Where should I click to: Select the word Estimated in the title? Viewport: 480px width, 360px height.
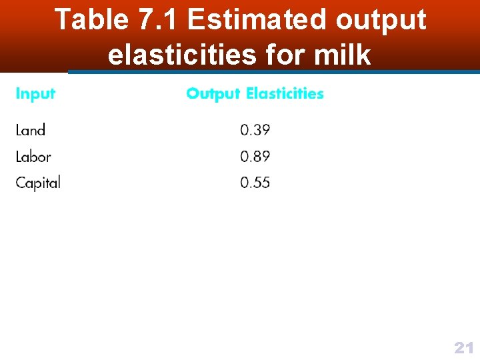(x=258, y=20)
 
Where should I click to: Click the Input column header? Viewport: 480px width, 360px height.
(x=35, y=94)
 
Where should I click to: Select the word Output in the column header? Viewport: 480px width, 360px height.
(x=213, y=94)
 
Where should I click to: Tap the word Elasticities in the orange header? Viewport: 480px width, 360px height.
(x=285, y=94)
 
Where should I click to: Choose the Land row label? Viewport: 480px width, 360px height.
(x=31, y=130)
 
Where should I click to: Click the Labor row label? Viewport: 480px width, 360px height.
(x=33, y=157)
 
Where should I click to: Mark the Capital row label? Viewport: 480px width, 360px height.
(x=38, y=183)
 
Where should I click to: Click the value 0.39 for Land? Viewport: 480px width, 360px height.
(x=255, y=130)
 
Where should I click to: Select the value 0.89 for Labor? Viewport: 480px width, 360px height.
(x=255, y=157)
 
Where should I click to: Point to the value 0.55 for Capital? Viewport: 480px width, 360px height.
(x=255, y=183)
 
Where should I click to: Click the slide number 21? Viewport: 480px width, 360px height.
(x=463, y=347)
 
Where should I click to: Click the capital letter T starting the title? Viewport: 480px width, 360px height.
(x=62, y=20)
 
